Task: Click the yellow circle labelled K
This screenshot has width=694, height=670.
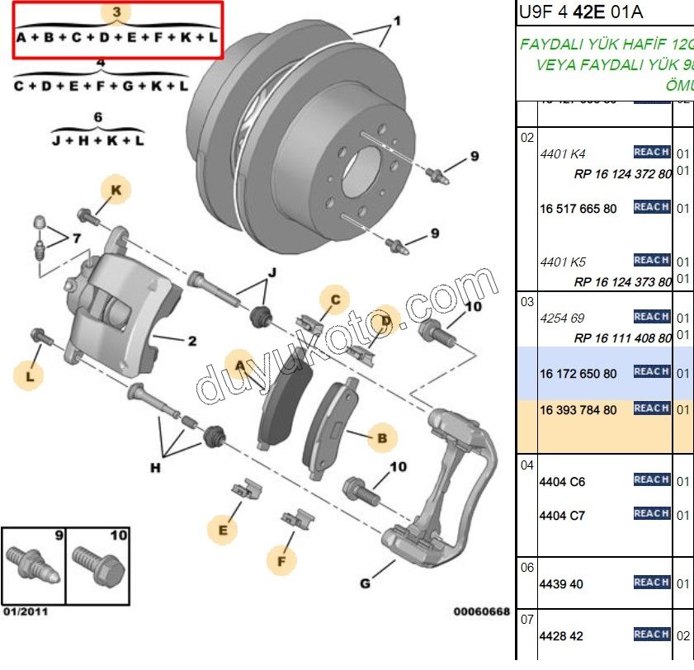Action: coord(116,191)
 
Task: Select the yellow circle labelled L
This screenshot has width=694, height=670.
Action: coord(30,377)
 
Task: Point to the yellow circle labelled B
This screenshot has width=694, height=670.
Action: coord(381,440)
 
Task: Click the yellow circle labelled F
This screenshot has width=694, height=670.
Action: coord(281,561)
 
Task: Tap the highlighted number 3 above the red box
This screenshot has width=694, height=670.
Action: coord(117,12)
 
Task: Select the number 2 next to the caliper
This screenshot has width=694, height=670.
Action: coord(191,339)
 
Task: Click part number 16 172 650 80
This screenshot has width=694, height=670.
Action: coord(578,374)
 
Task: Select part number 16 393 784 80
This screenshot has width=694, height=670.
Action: coord(578,410)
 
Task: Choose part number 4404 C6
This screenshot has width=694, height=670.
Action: coord(562,482)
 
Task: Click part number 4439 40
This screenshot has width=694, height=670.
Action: coord(560,584)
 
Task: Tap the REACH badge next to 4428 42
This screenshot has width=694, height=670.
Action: coord(651,635)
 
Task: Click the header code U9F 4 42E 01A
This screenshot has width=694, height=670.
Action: coord(581,12)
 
